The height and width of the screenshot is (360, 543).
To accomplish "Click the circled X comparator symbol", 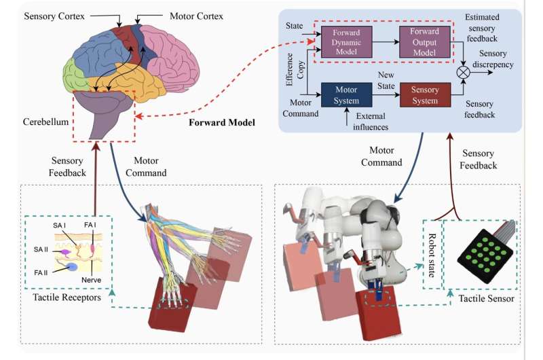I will coord(464,69).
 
